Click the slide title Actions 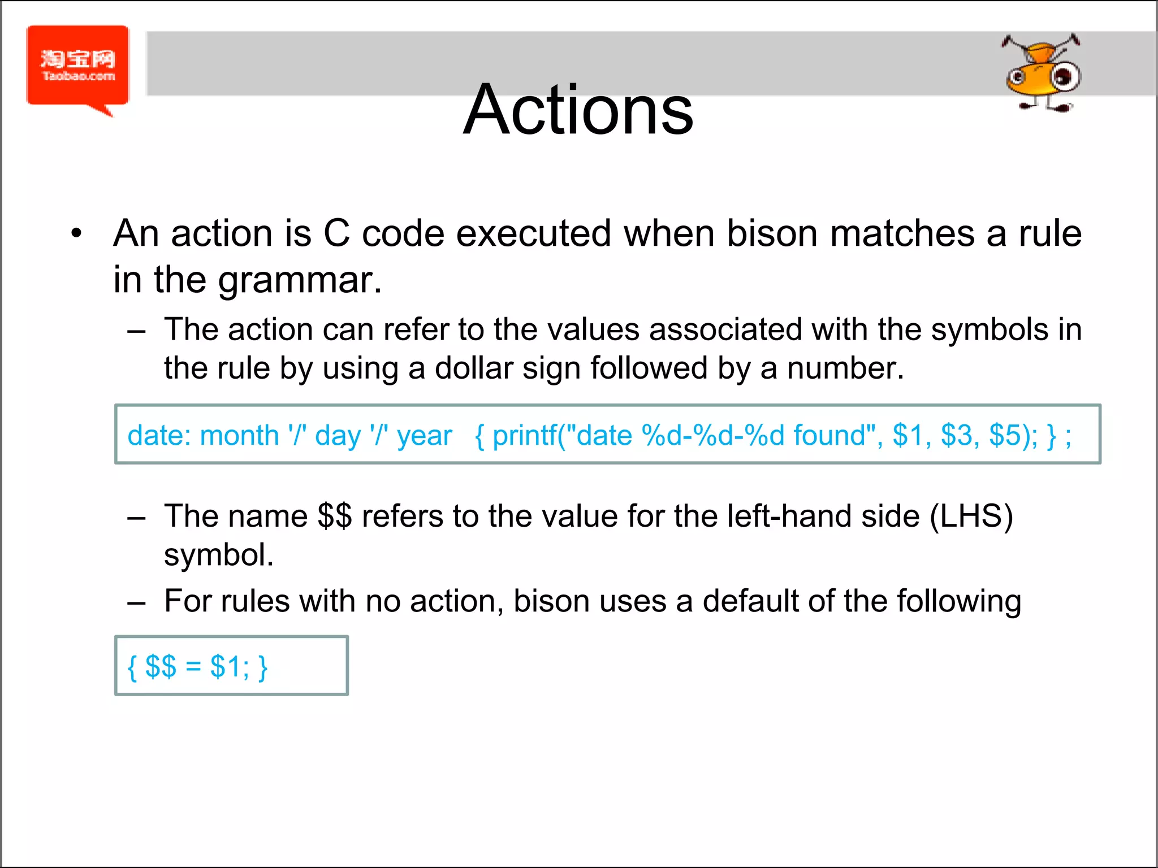[578, 110]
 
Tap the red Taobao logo [78, 66]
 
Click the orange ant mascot [1042, 73]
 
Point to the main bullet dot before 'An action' [77, 233]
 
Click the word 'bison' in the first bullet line [772, 233]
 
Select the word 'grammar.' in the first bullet [300, 280]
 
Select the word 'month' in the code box [240, 436]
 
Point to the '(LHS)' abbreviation [971, 517]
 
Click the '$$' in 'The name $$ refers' [335, 517]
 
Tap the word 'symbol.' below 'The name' [219, 555]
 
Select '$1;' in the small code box [230, 667]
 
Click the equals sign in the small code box [193, 667]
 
